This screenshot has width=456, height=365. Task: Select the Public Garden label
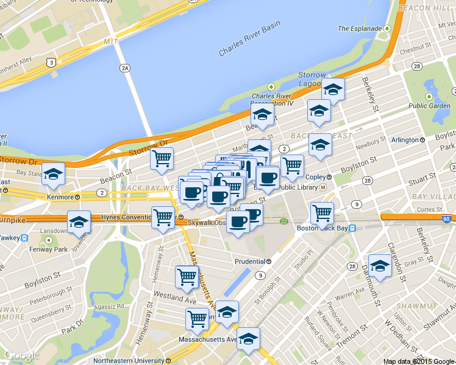pos(429,105)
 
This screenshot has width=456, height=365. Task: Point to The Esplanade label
pos(360,29)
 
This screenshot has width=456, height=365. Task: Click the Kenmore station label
pos(64,197)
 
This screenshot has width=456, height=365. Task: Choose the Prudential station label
pos(253,262)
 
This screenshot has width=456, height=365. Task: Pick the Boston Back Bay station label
pos(326,228)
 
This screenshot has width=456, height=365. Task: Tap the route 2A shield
pos(125,68)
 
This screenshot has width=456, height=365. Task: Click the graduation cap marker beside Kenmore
pos(54,173)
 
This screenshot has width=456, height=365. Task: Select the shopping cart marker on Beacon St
pos(162,159)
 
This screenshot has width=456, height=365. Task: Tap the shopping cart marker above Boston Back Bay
pos(322,213)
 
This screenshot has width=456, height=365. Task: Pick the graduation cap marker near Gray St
pos(380,266)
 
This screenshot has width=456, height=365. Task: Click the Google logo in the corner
pos(22,356)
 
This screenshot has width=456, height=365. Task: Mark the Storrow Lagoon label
pos(313,78)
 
